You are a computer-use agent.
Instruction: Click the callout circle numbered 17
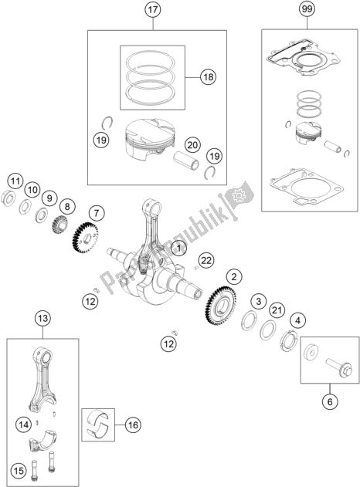tap(153, 9)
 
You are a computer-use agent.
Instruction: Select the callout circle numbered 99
tap(307, 9)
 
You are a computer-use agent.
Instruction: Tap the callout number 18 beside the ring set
tap(209, 76)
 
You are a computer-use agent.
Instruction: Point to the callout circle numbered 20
tap(192, 145)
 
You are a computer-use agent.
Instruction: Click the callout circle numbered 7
tap(97, 213)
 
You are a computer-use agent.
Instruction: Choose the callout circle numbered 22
tap(206, 260)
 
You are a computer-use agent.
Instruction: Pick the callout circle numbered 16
tap(133, 424)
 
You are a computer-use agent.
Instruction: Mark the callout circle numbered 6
tap(330, 402)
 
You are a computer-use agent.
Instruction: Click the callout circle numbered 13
tap(43, 318)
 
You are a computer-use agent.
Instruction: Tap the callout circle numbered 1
tap(178, 249)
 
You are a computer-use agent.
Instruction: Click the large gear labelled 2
tap(222, 306)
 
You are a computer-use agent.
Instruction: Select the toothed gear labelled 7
tap(85, 238)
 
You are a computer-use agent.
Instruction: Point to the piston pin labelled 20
tap(186, 161)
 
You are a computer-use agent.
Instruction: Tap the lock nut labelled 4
tap(289, 342)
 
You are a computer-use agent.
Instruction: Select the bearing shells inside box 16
tap(98, 424)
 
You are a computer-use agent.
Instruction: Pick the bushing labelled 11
tap(9, 198)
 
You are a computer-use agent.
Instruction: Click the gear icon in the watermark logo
tap(239, 195)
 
